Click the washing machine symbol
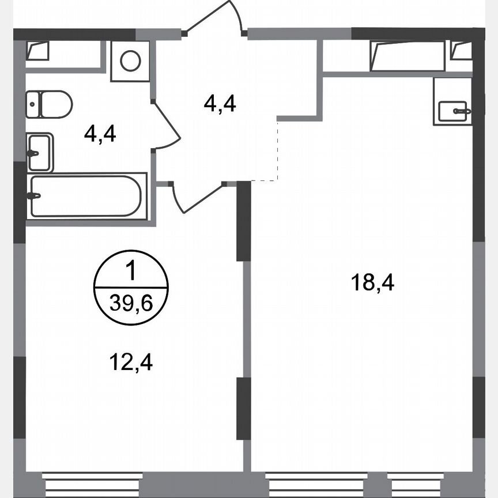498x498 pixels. tap(131, 61)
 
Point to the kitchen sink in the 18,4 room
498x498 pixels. tap(453, 111)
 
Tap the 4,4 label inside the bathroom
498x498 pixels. tap(100, 134)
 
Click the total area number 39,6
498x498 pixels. tap(131, 303)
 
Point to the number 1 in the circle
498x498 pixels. tap(131, 270)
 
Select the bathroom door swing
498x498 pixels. tap(167, 127)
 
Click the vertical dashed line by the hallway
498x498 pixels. tap(277, 150)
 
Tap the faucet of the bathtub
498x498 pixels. tap(33, 196)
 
